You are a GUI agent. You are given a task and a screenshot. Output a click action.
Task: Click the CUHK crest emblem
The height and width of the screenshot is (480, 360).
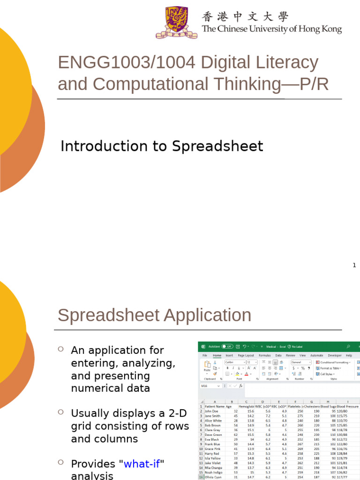(x=173, y=22)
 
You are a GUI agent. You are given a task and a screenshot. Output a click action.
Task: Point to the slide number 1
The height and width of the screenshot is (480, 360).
(x=354, y=265)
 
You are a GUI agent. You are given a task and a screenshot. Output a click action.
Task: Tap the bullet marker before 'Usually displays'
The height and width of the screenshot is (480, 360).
(x=60, y=412)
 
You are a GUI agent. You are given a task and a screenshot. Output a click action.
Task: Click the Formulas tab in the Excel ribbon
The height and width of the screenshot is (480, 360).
(x=265, y=356)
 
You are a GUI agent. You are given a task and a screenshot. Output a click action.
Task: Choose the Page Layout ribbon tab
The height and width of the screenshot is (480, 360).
(x=246, y=356)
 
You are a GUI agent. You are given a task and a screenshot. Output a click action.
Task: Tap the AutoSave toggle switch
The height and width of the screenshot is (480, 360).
(x=227, y=346)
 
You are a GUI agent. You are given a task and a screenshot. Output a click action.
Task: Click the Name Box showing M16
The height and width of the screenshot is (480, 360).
(x=210, y=386)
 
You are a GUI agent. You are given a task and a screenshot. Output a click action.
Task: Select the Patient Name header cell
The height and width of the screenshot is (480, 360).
(x=215, y=406)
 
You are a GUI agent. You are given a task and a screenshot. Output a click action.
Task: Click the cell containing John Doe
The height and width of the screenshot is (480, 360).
(x=212, y=411)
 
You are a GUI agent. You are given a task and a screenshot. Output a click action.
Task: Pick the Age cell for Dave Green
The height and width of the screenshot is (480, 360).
(x=235, y=435)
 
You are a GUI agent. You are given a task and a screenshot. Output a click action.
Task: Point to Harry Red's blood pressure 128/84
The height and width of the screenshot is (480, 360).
(x=347, y=453)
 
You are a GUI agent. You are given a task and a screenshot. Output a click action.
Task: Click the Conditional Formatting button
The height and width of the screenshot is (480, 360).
(x=335, y=362)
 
